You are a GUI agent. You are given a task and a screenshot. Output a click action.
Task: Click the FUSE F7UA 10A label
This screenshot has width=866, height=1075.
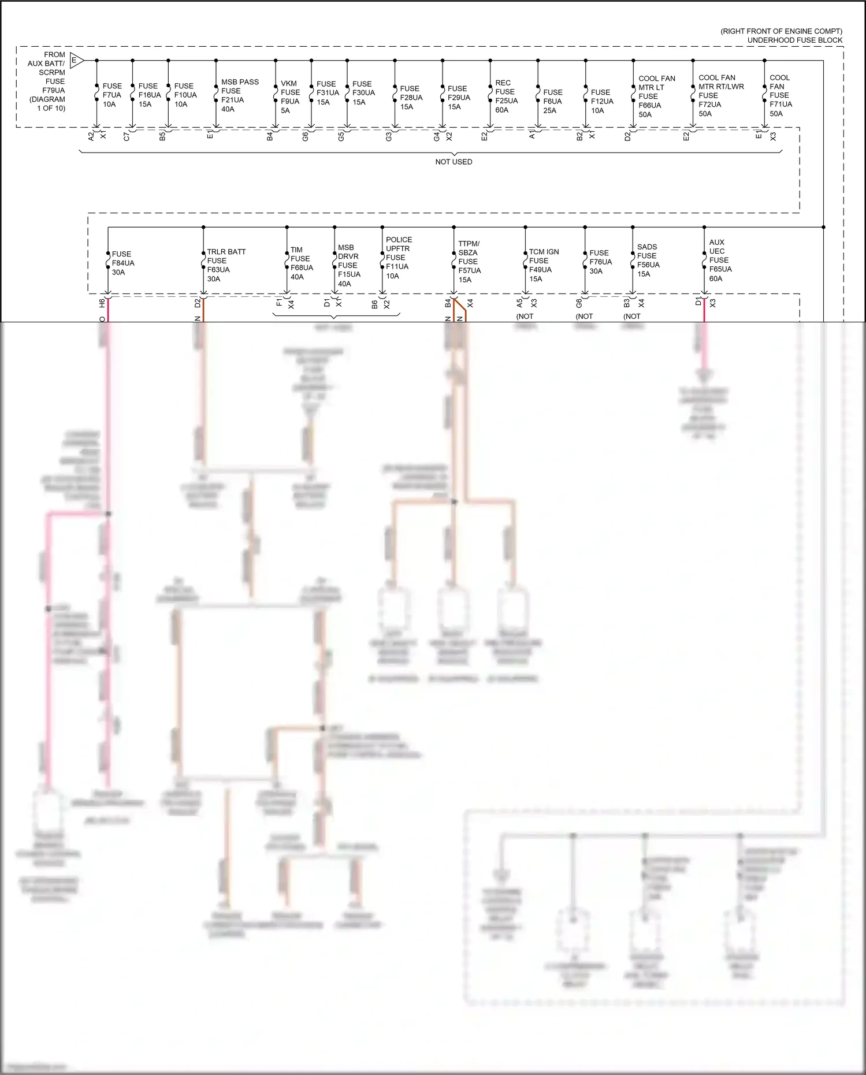tap(112, 95)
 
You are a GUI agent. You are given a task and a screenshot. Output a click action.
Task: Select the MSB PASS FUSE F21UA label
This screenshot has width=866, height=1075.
tap(239, 95)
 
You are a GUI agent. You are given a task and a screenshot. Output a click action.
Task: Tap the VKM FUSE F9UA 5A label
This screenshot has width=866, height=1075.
tap(290, 96)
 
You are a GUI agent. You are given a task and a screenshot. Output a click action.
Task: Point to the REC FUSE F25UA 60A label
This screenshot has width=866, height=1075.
tap(506, 96)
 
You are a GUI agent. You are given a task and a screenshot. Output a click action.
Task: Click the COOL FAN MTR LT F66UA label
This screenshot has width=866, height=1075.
tap(656, 96)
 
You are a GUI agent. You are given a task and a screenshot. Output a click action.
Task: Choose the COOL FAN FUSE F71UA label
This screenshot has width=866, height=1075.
tap(780, 95)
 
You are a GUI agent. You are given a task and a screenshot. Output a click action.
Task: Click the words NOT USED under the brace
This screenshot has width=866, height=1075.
tap(454, 162)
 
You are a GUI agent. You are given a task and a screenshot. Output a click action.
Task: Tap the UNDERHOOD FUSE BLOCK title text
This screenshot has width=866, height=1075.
tap(794, 40)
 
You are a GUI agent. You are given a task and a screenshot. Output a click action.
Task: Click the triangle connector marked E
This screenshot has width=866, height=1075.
tap(76, 60)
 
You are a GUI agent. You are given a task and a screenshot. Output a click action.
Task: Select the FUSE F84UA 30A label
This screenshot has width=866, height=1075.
tap(122, 263)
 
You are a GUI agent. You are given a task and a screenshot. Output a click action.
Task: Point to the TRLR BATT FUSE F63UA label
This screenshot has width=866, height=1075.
tap(226, 265)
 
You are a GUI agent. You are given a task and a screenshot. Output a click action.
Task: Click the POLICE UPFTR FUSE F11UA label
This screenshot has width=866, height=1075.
tap(399, 258)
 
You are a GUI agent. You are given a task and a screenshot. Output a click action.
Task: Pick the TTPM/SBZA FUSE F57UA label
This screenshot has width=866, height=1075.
tap(469, 262)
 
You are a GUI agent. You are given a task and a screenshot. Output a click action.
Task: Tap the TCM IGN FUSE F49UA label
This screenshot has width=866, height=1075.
tap(543, 265)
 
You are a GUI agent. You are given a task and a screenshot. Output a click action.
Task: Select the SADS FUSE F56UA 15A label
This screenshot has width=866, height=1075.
tap(648, 261)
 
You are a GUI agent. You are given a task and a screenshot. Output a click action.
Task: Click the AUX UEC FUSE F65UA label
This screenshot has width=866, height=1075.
tap(720, 261)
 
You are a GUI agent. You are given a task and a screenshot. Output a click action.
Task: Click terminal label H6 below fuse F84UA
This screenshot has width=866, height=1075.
tap(102, 302)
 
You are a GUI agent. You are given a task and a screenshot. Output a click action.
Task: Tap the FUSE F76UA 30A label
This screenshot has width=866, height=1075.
tap(600, 262)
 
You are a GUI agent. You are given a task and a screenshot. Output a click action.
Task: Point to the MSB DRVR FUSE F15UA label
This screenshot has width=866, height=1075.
tap(349, 265)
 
